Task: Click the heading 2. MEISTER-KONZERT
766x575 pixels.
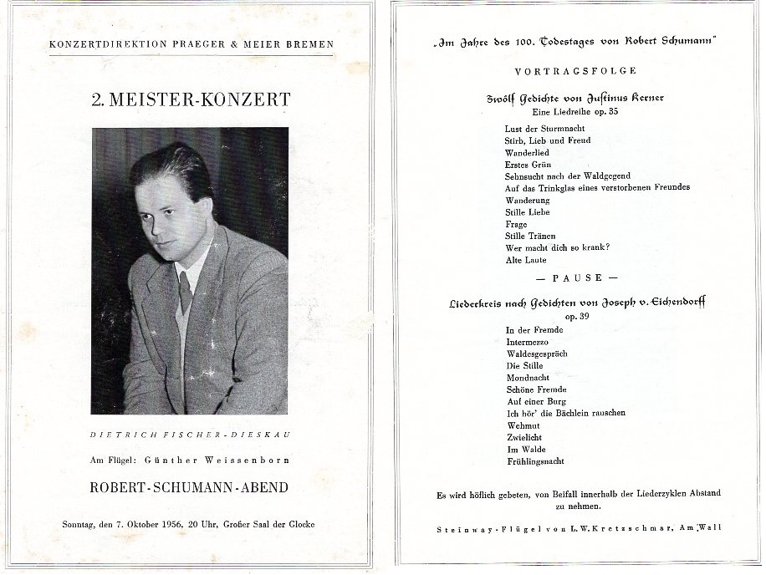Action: coord(191,99)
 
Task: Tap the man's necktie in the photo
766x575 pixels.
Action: coord(185,292)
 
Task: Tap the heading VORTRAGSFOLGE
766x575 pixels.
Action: coord(577,72)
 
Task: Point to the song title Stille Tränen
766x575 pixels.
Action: coord(530,237)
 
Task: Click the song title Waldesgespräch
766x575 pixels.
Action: coord(536,354)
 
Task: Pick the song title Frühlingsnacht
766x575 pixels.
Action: coord(535,461)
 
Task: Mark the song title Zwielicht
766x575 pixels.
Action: coord(523,436)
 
